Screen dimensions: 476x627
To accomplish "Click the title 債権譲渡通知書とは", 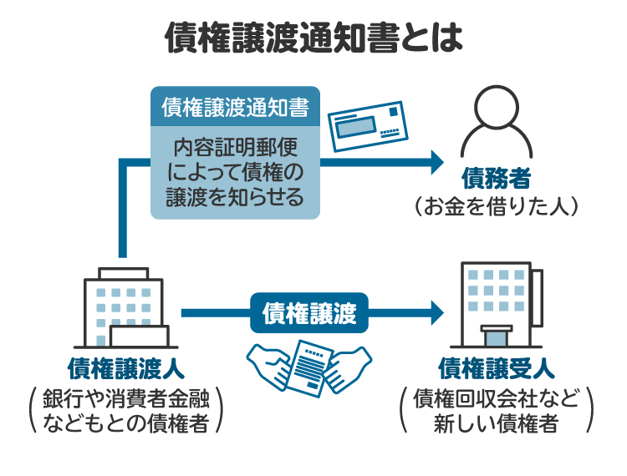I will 313,36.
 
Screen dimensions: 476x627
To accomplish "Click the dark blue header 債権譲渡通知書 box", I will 235,107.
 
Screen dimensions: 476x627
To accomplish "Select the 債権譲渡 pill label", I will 310,313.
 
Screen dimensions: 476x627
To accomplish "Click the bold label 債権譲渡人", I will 125,368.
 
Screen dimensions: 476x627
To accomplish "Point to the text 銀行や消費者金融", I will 125,397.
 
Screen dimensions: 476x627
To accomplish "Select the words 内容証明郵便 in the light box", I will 235,148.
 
